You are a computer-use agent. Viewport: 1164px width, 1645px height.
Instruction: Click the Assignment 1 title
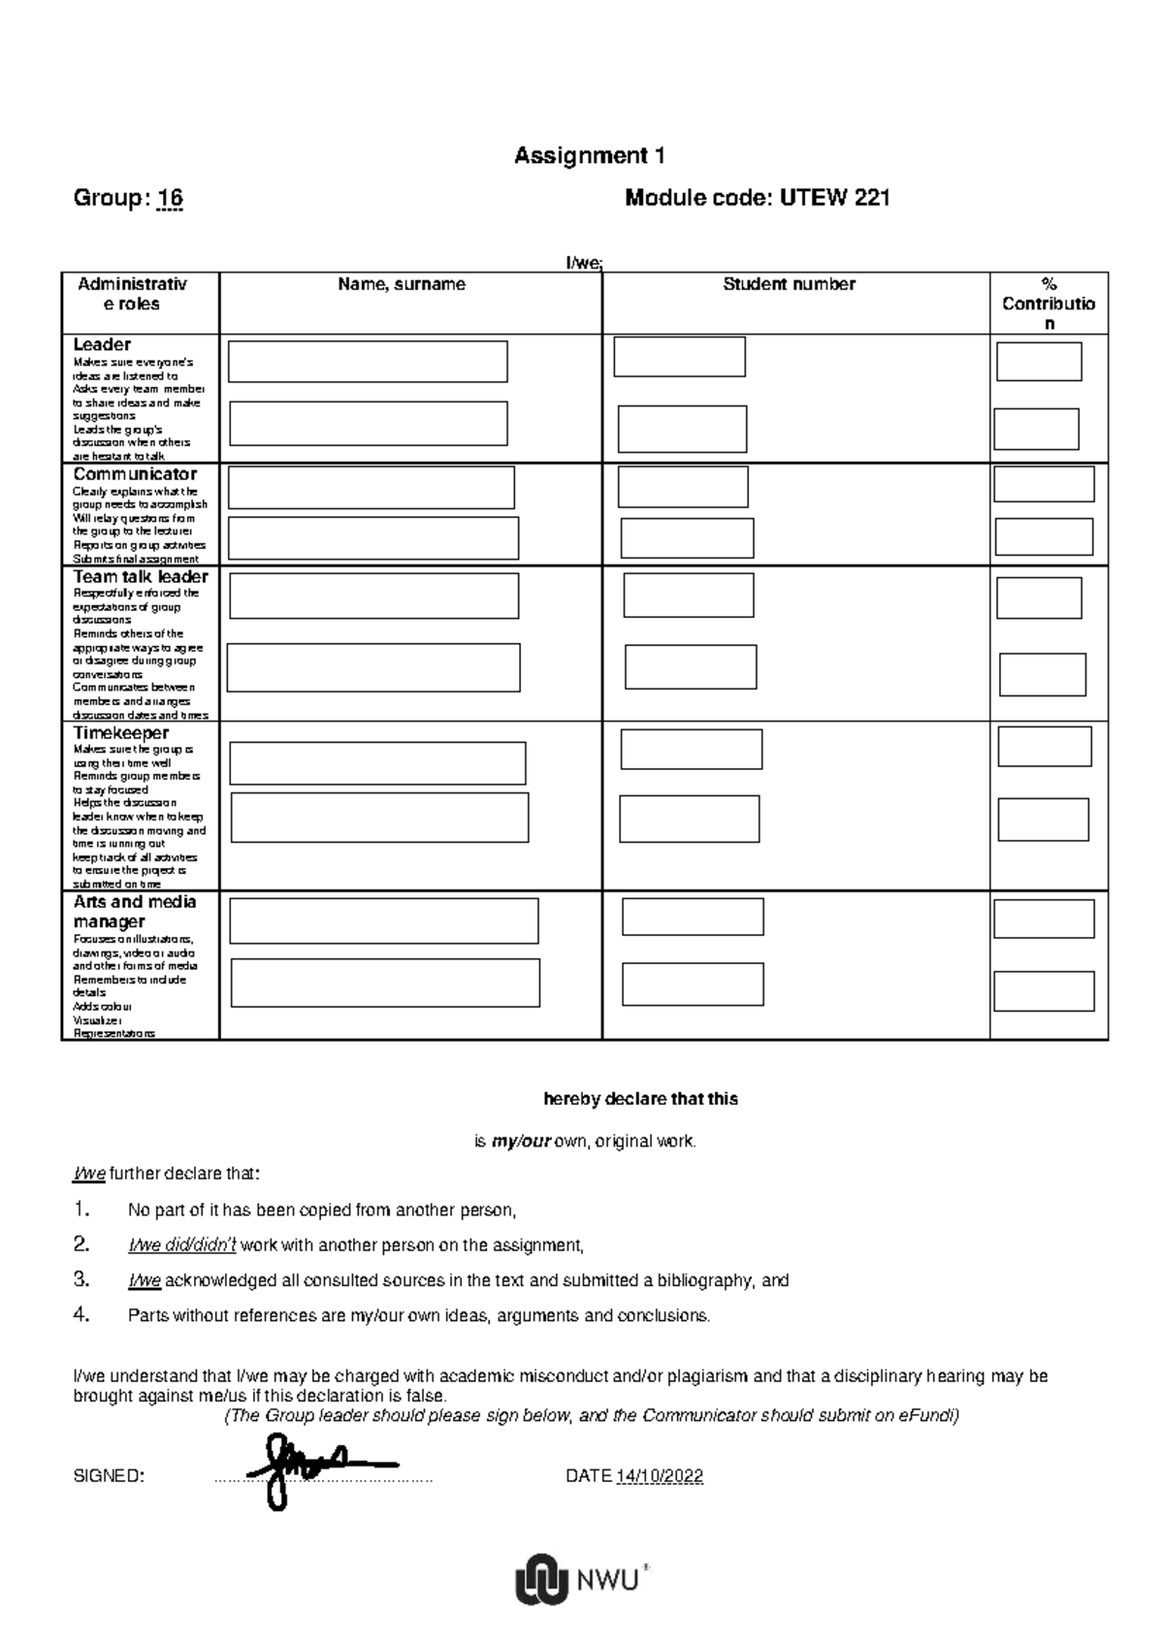tap(589, 155)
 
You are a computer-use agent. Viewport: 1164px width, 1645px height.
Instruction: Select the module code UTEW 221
tap(834, 199)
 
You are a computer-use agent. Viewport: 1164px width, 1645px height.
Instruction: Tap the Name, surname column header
tap(402, 284)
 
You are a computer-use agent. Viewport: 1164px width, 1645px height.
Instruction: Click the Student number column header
tap(789, 284)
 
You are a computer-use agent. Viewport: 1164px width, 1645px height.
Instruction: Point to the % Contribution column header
tap(1049, 304)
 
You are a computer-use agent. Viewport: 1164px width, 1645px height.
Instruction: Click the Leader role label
tap(102, 344)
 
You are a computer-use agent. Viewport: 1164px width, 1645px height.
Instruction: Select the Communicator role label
tap(135, 474)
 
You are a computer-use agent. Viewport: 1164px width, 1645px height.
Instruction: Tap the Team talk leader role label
tap(141, 577)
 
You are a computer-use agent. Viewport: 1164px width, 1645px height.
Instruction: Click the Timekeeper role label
tap(120, 733)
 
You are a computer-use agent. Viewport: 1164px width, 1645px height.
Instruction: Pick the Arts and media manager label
tap(134, 912)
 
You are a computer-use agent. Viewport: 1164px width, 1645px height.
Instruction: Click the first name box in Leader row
tap(368, 362)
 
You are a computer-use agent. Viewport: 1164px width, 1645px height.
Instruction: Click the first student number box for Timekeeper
tap(691, 750)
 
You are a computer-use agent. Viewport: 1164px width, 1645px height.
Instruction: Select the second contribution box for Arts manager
tap(1044, 991)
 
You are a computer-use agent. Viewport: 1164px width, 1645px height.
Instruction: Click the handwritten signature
tap(310, 1467)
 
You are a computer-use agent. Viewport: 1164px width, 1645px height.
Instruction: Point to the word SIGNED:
tap(109, 1476)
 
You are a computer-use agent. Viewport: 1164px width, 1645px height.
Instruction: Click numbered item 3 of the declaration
tap(458, 1280)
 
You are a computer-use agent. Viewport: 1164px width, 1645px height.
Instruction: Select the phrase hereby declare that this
tap(640, 1099)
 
